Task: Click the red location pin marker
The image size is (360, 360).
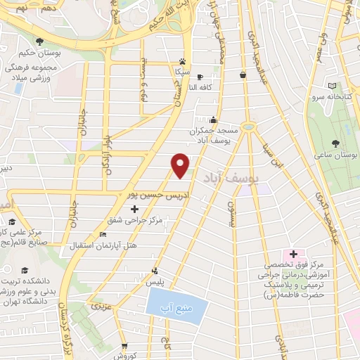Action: point(181,165)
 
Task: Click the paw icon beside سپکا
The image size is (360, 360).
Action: point(182,61)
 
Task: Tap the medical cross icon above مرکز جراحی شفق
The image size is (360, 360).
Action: point(134,209)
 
